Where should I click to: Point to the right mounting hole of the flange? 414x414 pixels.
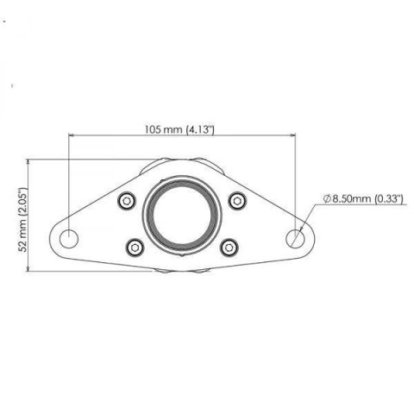[297, 236]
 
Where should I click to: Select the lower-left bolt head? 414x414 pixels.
[135, 248]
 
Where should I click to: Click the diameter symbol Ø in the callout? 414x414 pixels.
[329, 198]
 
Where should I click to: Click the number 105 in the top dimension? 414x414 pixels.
[154, 129]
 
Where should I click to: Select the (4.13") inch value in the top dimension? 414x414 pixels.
[200, 129]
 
